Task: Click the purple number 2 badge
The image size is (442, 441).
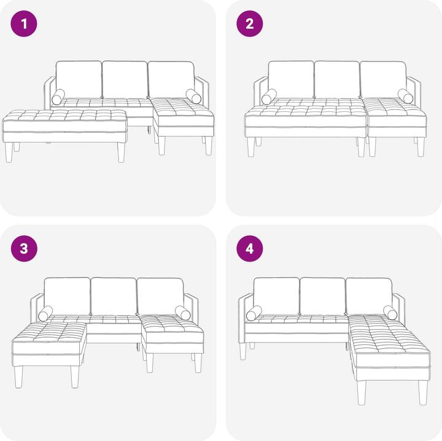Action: click(250, 25)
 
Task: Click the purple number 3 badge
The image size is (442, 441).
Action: click(25, 249)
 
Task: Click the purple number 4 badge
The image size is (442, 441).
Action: click(250, 249)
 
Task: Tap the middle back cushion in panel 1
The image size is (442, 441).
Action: click(125, 79)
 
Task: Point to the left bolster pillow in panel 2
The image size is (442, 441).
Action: click(269, 97)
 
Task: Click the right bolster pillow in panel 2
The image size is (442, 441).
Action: click(405, 95)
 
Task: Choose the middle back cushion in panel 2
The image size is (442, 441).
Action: click(337, 79)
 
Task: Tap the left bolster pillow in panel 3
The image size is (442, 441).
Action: click(45, 314)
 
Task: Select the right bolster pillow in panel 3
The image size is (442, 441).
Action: click(182, 312)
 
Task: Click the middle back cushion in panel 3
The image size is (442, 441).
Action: click(114, 295)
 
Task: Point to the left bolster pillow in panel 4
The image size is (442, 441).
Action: click(254, 314)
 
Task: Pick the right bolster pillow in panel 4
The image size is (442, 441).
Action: click(390, 312)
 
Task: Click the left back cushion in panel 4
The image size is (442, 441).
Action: click(276, 296)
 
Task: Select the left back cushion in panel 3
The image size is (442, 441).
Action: click(68, 296)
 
